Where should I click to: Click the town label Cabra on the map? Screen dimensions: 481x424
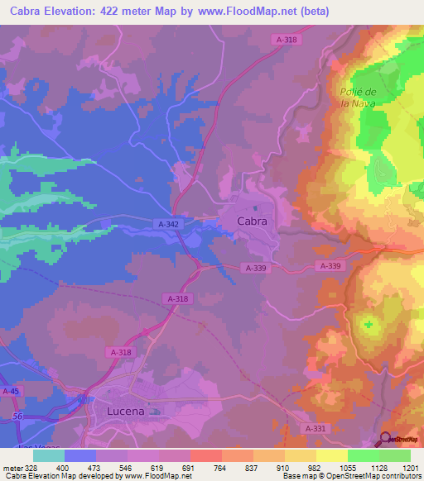coord(252,221)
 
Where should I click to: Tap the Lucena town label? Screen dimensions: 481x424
coord(127,411)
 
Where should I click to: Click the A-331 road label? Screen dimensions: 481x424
coord(316,428)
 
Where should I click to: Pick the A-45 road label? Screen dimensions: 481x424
coord(12,391)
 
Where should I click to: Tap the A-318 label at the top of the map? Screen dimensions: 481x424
coord(287,39)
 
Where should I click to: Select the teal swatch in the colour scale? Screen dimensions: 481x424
coord(49,455)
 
